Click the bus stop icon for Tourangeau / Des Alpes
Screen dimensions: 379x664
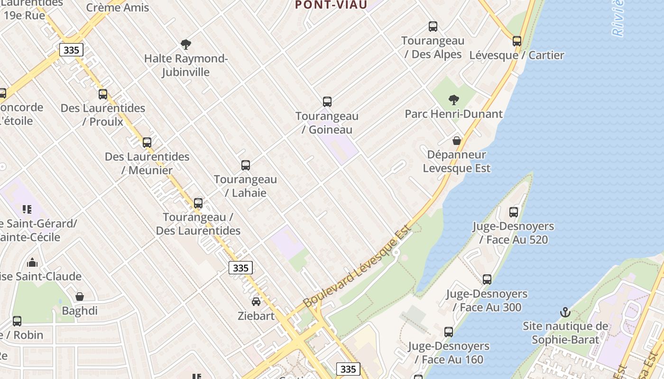click(x=433, y=27)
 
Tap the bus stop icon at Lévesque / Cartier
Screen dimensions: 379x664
click(x=516, y=41)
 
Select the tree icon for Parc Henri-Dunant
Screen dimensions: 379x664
click(x=453, y=99)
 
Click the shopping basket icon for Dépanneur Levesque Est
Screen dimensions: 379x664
click(x=456, y=141)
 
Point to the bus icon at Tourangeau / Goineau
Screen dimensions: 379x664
click(x=327, y=102)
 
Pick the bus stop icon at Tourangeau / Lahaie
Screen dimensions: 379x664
click(x=245, y=165)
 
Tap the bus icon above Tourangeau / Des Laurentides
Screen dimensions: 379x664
click(x=198, y=203)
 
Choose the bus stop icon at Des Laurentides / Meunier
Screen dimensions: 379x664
click(x=147, y=143)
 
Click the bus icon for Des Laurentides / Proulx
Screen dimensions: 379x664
click(x=102, y=94)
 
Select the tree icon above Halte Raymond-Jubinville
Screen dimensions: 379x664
click(x=185, y=45)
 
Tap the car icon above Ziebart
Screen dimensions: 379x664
click(x=256, y=302)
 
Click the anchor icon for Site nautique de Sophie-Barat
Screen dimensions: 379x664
click(x=564, y=312)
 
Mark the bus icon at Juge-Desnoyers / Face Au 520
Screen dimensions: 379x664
click(x=513, y=212)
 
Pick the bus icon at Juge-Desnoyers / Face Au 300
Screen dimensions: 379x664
click(x=487, y=280)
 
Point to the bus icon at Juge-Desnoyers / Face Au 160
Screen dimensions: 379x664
click(x=448, y=332)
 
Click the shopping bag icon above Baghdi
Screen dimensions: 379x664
click(x=79, y=297)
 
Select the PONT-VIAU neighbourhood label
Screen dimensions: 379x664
click(x=331, y=5)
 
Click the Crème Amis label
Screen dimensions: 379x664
click(x=117, y=8)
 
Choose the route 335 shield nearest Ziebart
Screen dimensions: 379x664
click(x=240, y=268)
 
